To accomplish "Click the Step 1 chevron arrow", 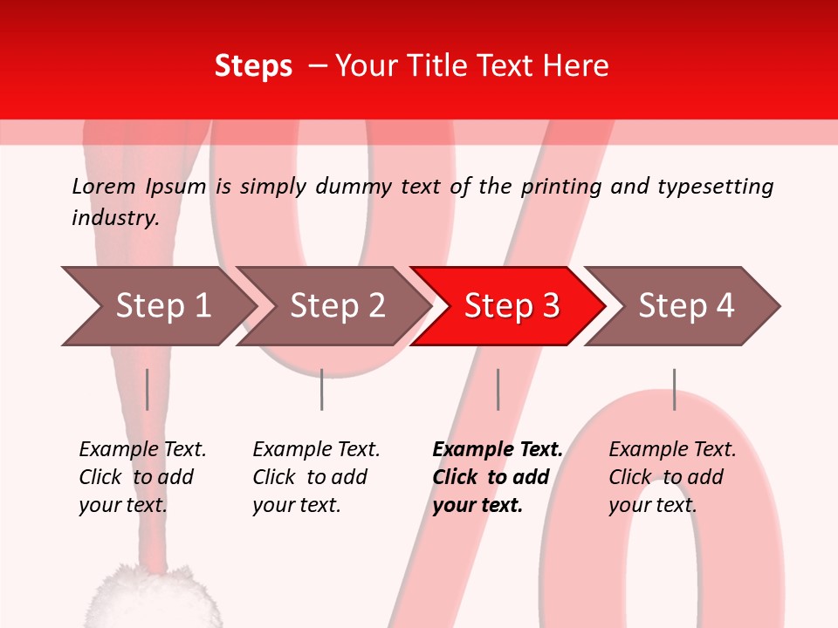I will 161,306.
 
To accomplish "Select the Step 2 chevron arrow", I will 336,306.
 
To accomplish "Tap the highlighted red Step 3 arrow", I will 511,306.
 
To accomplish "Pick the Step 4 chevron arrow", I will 685,306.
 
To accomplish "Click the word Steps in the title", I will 253,65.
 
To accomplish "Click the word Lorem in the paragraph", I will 104,186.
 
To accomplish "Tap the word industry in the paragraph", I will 115,217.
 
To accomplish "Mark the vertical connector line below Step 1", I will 148,389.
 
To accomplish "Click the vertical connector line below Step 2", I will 322,389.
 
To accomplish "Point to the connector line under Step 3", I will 498,389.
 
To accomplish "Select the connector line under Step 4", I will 674,389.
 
